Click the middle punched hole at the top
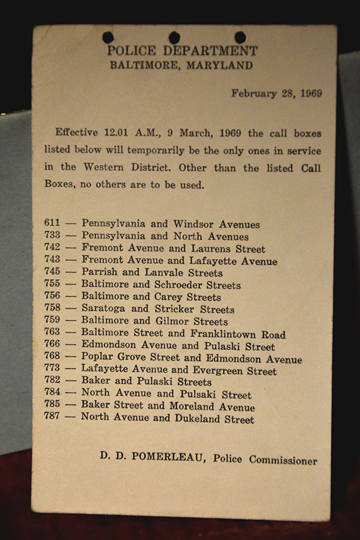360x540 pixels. tap(174, 38)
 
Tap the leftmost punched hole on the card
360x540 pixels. tap(108, 38)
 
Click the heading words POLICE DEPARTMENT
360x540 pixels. tap(182, 51)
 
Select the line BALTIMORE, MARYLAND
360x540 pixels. tap(181, 66)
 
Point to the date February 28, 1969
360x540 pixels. tap(276, 94)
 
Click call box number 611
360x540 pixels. tap(52, 223)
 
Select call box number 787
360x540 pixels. tap(52, 417)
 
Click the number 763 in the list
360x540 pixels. tap(52, 332)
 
